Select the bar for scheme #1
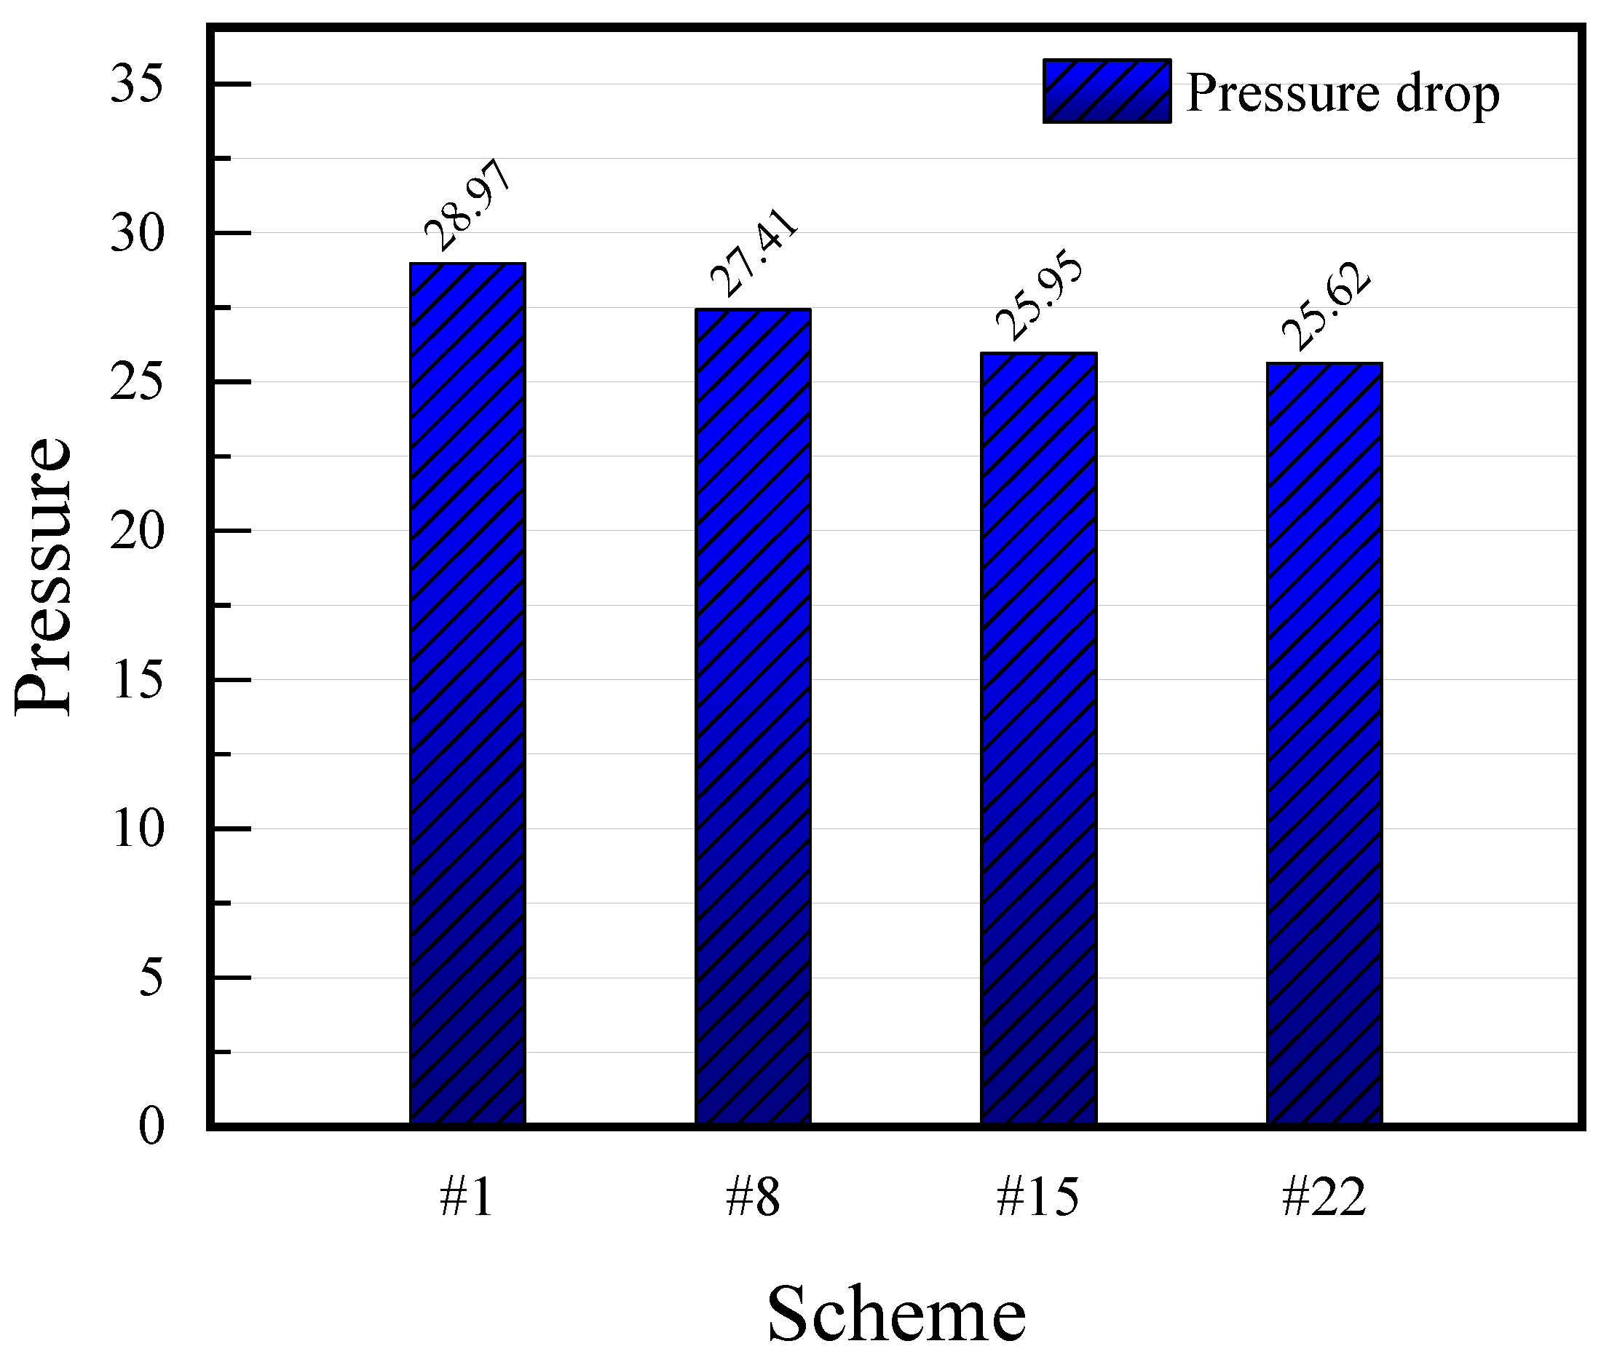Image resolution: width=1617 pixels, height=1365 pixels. point(467,692)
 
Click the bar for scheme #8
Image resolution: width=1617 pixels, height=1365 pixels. point(753,716)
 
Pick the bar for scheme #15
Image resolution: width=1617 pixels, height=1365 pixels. point(1038,737)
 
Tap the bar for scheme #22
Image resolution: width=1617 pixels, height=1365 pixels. point(1324,743)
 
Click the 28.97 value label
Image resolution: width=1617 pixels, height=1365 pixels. point(467,205)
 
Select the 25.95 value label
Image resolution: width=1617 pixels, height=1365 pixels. point(1039,295)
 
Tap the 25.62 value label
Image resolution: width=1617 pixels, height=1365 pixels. point(1325,306)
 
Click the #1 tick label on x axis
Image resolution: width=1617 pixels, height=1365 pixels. point(466,1197)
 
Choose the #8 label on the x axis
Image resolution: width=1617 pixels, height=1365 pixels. point(752,1197)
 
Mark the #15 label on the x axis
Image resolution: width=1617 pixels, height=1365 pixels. point(1037,1197)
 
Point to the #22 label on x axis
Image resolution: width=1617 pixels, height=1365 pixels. point(1324,1197)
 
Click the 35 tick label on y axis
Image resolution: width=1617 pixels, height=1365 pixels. point(137,84)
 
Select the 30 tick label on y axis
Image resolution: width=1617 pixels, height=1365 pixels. point(137,233)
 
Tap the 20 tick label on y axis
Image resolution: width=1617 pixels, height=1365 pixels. point(137,531)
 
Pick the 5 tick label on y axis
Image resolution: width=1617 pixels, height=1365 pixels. point(151,977)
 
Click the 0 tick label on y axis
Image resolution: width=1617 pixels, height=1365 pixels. point(151,1126)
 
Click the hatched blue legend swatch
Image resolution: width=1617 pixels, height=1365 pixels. point(1107,91)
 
